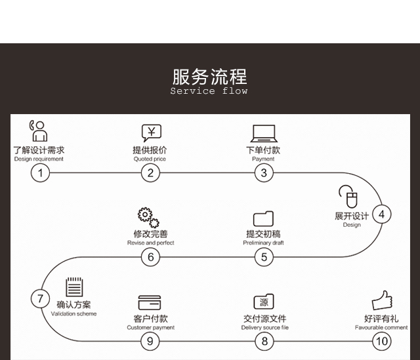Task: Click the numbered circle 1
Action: [40, 173]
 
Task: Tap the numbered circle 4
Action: [381, 214]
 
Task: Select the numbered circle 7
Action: [40, 299]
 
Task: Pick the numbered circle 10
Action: [381, 341]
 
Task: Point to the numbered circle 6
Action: [150, 257]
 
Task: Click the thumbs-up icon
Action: [382, 301]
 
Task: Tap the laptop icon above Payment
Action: [263, 133]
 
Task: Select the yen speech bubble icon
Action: [151, 132]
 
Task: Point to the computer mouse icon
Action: [348, 197]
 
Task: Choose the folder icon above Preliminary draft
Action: [263, 218]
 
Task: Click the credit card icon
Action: [150, 303]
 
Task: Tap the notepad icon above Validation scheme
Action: [74, 288]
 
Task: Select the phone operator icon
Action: [38, 131]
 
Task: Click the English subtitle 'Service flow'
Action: [209, 91]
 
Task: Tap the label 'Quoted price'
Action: [150, 159]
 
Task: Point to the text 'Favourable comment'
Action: [381, 328]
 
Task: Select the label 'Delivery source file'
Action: [264, 328]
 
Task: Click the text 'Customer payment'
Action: [151, 328]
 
